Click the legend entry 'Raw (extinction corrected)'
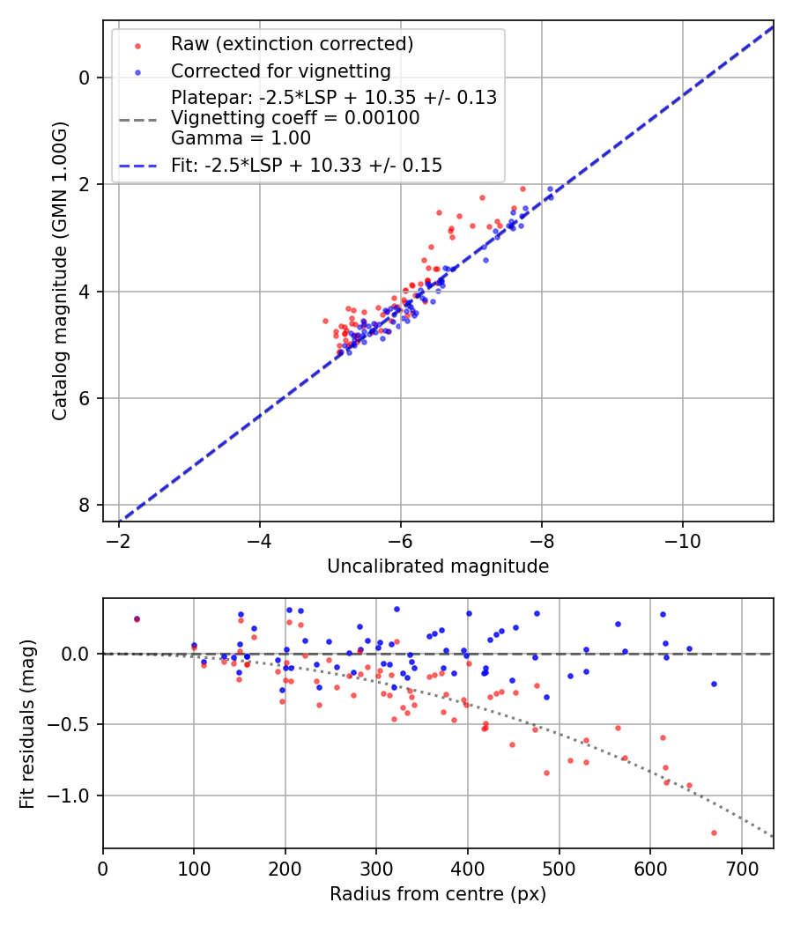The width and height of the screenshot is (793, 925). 292,44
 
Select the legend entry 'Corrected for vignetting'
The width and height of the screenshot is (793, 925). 280,71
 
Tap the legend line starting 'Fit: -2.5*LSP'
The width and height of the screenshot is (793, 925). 307,165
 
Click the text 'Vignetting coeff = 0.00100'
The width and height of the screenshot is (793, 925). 295,118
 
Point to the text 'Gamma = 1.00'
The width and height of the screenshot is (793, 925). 241,138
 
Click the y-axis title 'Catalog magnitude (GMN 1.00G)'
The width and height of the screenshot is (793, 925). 59,270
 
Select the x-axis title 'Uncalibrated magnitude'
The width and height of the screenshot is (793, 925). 438,566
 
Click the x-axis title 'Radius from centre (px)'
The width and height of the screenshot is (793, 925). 438,894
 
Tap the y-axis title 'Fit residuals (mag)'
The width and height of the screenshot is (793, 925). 27,723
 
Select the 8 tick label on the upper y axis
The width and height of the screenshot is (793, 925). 85,505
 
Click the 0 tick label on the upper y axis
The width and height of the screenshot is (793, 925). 85,78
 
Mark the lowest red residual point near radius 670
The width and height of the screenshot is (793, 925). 714,832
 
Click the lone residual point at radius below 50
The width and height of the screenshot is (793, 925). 137,619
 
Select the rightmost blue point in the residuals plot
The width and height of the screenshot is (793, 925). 714,684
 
